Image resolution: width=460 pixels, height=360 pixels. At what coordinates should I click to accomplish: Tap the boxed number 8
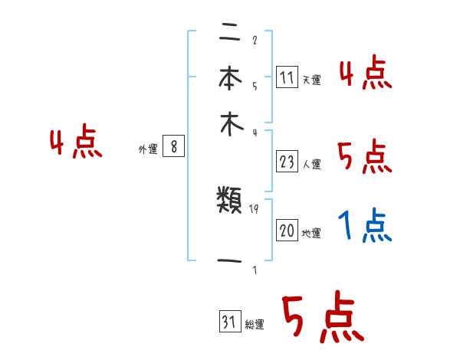coord(174,147)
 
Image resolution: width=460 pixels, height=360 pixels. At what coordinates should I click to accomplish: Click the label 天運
coord(312,80)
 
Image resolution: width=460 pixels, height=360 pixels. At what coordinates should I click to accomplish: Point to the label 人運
coord(312,164)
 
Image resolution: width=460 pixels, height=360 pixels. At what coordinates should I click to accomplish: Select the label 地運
coord(312,233)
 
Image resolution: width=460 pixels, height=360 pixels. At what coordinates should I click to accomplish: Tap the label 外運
coord(148,149)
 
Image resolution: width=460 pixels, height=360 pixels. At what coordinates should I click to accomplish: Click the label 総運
coord(255,325)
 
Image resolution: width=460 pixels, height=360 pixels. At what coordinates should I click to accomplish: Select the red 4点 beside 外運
coord(76,143)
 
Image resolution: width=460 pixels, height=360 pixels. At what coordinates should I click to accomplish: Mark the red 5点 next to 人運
coord(365,158)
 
